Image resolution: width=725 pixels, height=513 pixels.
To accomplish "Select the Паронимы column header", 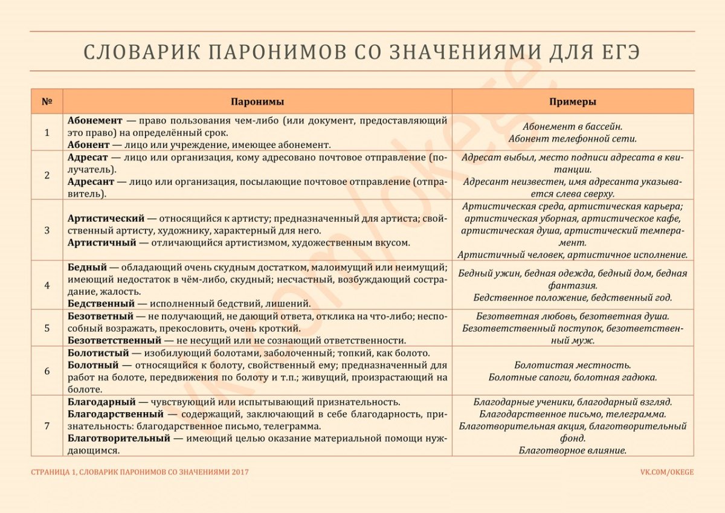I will (x=257, y=102).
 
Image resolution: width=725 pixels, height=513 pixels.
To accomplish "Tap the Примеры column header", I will (x=573, y=102).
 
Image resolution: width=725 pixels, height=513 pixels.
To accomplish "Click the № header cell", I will (x=47, y=102).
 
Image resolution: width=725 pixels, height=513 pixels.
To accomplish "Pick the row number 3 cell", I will (x=47, y=230).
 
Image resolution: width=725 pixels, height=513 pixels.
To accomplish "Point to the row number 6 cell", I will (x=47, y=371).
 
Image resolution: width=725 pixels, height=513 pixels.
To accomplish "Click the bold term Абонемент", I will (x=95, y=120).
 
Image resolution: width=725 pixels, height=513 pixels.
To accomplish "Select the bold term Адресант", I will (x=90, y=181).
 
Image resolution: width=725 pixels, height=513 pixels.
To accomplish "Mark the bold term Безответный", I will (x=100, y=315).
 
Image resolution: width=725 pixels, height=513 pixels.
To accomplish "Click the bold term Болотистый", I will (x=98, y=352).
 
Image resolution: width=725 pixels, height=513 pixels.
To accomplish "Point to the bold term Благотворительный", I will (x=119, y=438).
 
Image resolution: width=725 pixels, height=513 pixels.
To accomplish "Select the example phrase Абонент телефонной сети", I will (x=573, y=138).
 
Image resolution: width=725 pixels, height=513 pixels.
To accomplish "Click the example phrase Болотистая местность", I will (x=573, y=365).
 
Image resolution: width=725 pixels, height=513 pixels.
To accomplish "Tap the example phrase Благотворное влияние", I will (x=573, y=450).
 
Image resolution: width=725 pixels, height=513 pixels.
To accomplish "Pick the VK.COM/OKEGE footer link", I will (x=667, y=472).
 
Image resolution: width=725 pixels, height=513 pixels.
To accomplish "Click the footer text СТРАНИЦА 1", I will (x=53, y=472).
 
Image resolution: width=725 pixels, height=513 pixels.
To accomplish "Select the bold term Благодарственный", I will (x=115, y=414).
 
